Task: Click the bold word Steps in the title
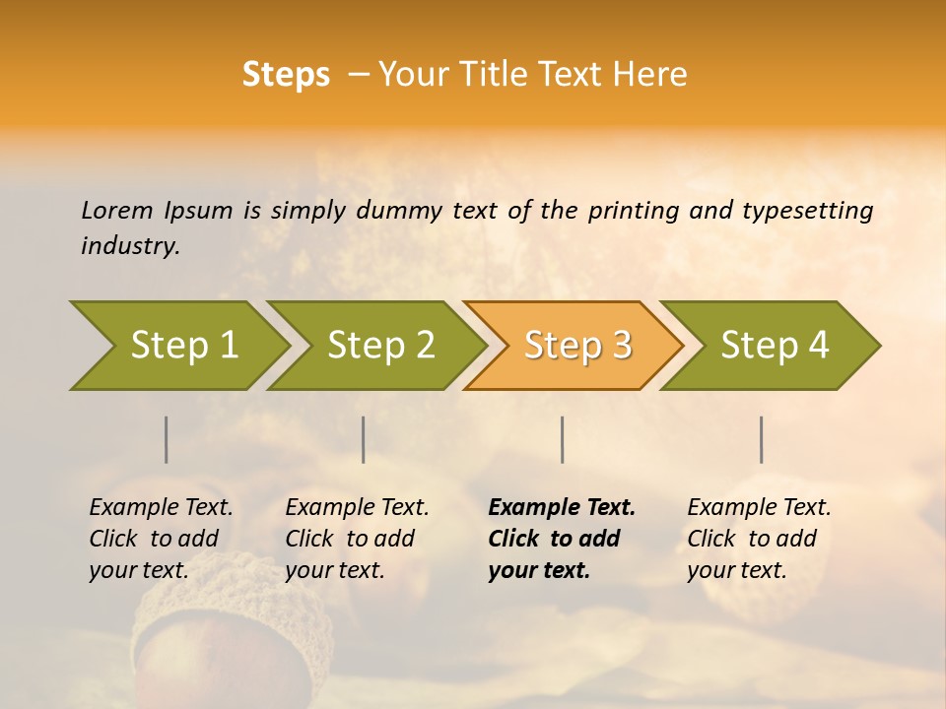[286, 75]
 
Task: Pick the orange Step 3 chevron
[577, 346]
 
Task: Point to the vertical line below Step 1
[167, 439]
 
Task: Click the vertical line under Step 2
[364, 439]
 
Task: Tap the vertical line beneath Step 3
[562, 439]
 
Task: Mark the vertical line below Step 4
[761, 439]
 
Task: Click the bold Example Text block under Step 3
[561, 539]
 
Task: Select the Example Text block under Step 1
[161, 539]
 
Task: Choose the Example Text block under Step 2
[357, 539]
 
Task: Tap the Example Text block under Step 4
[759, 539]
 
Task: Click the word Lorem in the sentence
[117, 210]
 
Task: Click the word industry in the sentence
[129, 246]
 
